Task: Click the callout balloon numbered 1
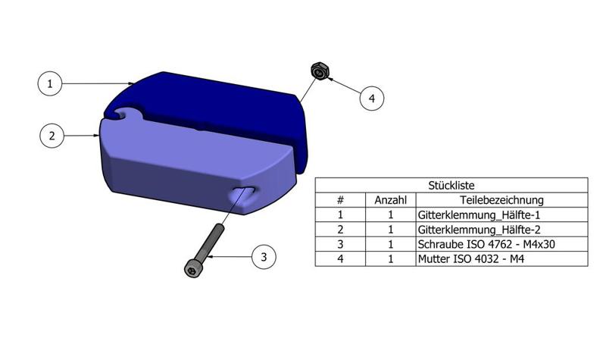[50, 83]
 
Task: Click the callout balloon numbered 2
[52, 136]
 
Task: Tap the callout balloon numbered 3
[263, 257]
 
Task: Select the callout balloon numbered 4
[371, 98]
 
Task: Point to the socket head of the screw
[193, 268]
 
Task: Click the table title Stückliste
[451, 184]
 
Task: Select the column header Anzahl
[391, 200]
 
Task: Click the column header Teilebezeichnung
[501, 200]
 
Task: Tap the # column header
[340, 200]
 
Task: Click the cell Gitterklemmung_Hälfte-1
[468, 214]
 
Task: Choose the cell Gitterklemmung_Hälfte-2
[468, 229]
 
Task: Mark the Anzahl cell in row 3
[391, 244]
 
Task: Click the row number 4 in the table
[340, 258]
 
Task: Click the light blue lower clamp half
[182, 167]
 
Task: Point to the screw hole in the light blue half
[243, 194]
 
